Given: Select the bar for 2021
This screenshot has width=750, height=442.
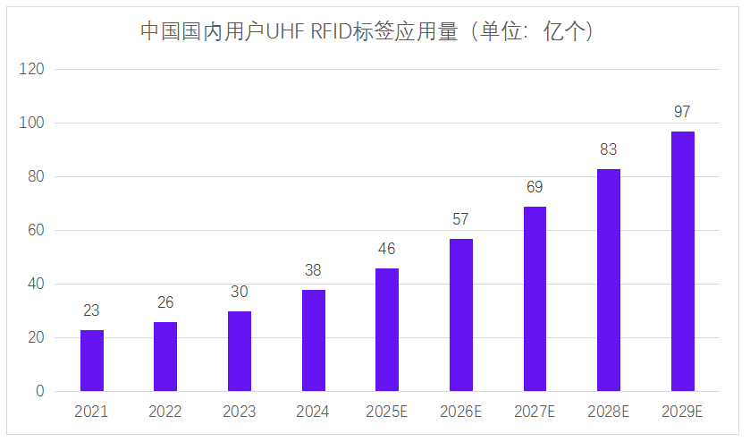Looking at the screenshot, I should coord(92,361).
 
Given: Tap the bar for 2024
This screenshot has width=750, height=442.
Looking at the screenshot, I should coord(313,340).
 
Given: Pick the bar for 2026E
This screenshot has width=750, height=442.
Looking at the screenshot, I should coord(461,315).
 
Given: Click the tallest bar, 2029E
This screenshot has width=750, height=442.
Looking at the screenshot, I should coord(682,261).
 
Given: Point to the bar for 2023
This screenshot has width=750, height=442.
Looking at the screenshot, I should coord(240,351).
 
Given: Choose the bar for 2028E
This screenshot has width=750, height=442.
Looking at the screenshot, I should coord(609,280).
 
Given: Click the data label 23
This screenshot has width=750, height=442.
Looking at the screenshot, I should coord(91,310).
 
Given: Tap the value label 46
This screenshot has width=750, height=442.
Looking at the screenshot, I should coord(386,249).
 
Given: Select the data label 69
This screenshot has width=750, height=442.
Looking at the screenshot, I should coord(535,187).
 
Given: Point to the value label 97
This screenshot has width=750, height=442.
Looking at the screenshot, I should coord(682,112).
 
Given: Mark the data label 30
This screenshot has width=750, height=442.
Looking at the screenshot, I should coord(239,292).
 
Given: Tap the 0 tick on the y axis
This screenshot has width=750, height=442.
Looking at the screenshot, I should coord(39,391).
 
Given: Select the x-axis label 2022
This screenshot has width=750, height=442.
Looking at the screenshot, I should coord(165,412).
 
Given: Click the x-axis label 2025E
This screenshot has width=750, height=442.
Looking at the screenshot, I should coord(387,412).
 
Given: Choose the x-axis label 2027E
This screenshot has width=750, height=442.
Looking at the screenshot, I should coord(535,412).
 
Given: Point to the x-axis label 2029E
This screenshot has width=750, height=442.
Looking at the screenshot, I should coord(682,412).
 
